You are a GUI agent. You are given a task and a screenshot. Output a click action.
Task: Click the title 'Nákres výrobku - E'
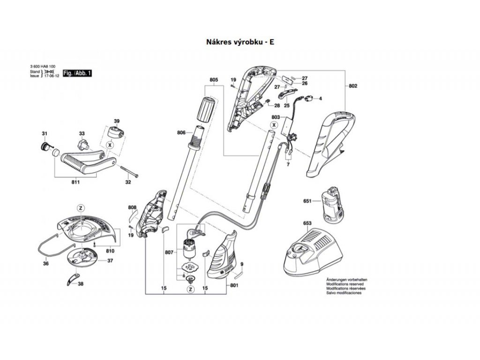click(x=240, y=42)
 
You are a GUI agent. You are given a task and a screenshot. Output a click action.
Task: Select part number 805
click(x=214, y=80)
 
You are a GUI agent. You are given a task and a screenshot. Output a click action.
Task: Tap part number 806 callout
click(x=182, y=133)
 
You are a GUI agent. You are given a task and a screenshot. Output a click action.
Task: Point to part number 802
click(x=353, y=86)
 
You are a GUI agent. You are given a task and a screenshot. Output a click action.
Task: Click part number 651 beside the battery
click(x=307, y=201)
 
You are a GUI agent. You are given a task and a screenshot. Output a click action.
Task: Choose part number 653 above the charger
click(x=307, y=223)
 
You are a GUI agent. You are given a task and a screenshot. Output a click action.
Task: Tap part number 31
click(x=45, y=135)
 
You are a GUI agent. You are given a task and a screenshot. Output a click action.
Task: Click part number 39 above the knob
click(x=117, y=120)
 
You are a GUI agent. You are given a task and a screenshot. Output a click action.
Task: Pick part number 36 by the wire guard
click(x=45, y=264)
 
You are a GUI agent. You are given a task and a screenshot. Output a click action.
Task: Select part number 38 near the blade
click(x=81, y=284)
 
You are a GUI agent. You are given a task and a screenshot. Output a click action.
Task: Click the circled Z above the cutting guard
click(x=80, y=208)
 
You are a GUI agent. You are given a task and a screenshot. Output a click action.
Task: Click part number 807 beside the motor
click(x=170, y=253)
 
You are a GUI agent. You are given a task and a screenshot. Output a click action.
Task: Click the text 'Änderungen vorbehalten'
click(x=346, y=280)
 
